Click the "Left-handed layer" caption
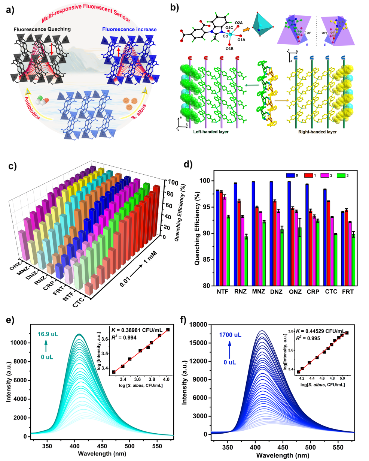tap(212, 132)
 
